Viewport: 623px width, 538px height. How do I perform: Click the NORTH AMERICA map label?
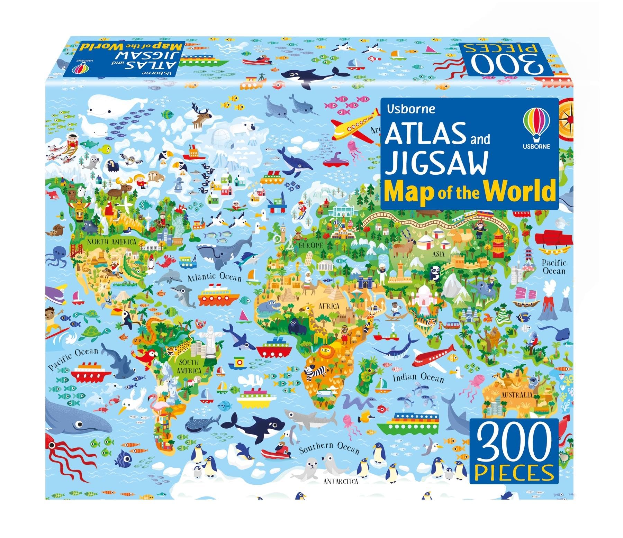tap(111, 241)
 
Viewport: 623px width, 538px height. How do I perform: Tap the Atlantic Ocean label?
tap(215, 277)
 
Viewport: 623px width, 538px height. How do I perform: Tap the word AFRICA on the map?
tap(327, 306)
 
